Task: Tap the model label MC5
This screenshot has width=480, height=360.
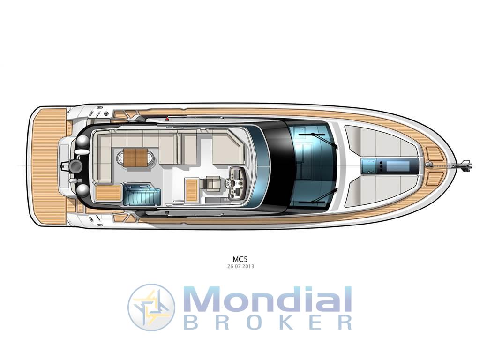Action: (x=240, y=258)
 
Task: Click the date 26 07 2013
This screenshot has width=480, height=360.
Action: (x=240, y=266)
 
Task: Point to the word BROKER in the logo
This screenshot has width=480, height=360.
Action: (x=268, y=322)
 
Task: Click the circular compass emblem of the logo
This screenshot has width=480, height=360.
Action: (x=151, y=307)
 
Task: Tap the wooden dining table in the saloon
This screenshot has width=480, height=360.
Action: (x=135, y=157)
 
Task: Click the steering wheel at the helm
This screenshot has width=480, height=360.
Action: (x=231, y=184)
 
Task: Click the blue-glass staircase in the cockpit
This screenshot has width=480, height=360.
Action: (x=142, y=194)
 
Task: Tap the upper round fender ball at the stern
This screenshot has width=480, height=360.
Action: (x=83, y=142)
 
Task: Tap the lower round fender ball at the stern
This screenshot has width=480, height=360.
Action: (x=83, y=190)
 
